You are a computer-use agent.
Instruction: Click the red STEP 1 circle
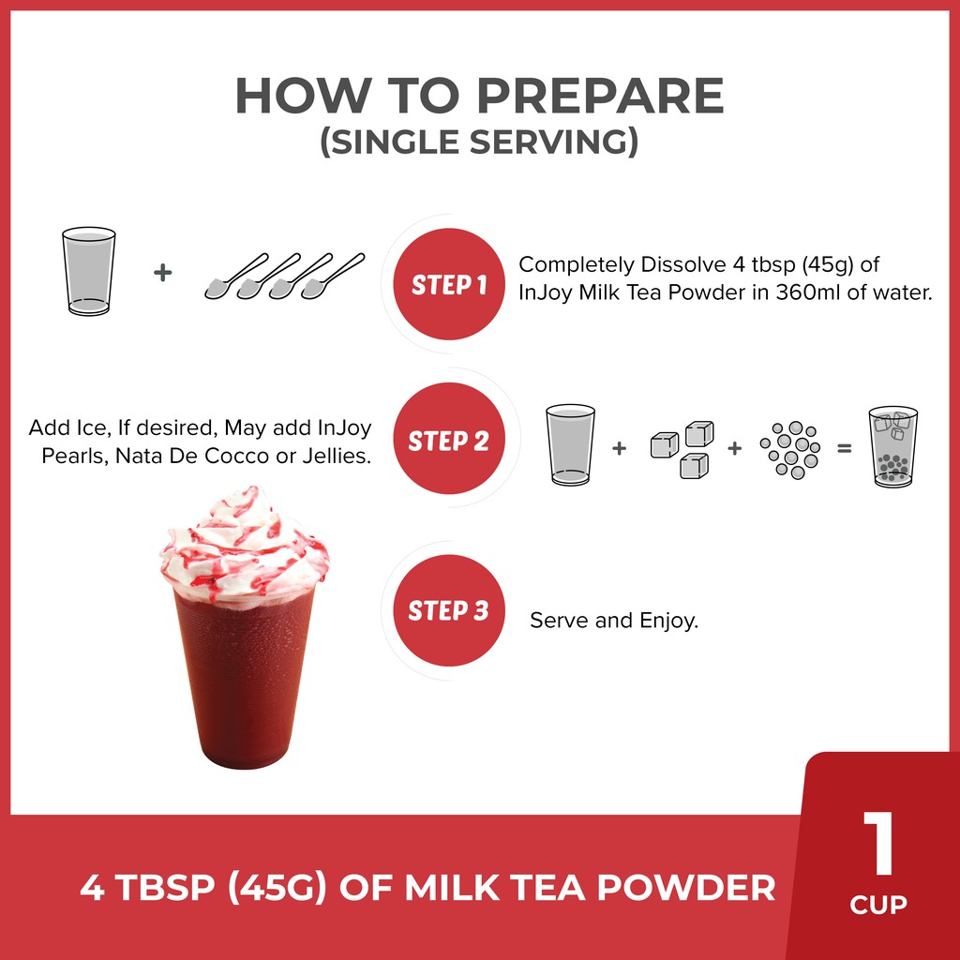pyautogui.click(x=449, y=284)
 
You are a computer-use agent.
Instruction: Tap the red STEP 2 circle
pyautogui.click(x=449, y=439)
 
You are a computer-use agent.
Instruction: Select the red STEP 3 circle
pyautogui.click(x=449, y=610)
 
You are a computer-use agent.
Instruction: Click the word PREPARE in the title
pyautogui.click(x=600, y=97)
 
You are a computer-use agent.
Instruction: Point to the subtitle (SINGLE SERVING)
pyautogui.click(x=479, y=142)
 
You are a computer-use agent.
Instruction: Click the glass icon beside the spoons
pyautogui.click(x=89, y=271)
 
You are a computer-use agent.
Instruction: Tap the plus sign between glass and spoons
pyautogui.click(x=162, y=273)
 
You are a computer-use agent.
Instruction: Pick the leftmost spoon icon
pyautogui.click(x=235, y=277)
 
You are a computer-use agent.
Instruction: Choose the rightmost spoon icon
pyautogui.click(x=333, y=277)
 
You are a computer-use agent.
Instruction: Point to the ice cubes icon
pyautogui.click(x=682, y=449)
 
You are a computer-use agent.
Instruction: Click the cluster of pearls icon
pyautogui.click(x=789, y=449)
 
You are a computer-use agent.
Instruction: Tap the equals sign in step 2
pyautogui.click(x=845, y=449)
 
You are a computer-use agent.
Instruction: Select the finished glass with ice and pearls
pyautogui.click(x=893, y=447)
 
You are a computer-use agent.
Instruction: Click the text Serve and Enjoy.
pyautogui.click(x=614, y=621)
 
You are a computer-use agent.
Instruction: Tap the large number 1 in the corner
pyautogui.click(x=878, y=843)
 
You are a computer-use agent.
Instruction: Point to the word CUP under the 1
pyautogui.click(x=878, y=905)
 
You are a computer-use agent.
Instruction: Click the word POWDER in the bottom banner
pyautogui.click(x=686, y=887)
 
